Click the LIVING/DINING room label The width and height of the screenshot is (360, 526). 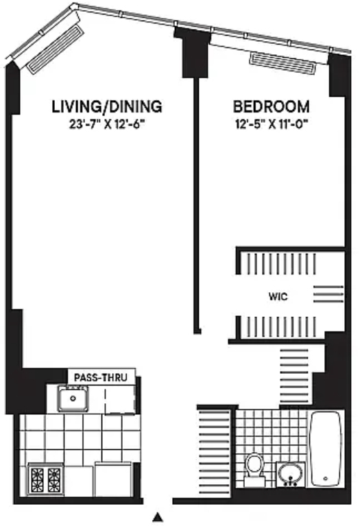tap(107, 106)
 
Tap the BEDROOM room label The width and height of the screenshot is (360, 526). tap(271, 107)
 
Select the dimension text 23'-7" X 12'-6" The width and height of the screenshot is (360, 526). tap(107, 124)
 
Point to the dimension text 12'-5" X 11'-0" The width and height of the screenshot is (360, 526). tap(272, 124)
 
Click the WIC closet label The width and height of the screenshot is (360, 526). tap(278, 296)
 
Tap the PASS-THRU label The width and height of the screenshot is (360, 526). tap(101, 377)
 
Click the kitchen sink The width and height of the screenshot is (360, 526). tap(73, 398)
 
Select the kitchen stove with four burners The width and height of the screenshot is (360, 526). tap(46, 479)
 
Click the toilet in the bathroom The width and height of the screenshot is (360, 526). tap(254, 470)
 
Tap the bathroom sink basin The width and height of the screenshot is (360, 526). tap(290, 474)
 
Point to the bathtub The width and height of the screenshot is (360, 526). tap(326, 449)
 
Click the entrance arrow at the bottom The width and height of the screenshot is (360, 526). tap(158, 517)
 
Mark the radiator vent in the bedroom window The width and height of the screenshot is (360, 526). tap(283, 62)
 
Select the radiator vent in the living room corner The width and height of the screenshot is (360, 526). tap(56, 49)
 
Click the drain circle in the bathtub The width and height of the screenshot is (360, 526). tap(325, 479)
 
